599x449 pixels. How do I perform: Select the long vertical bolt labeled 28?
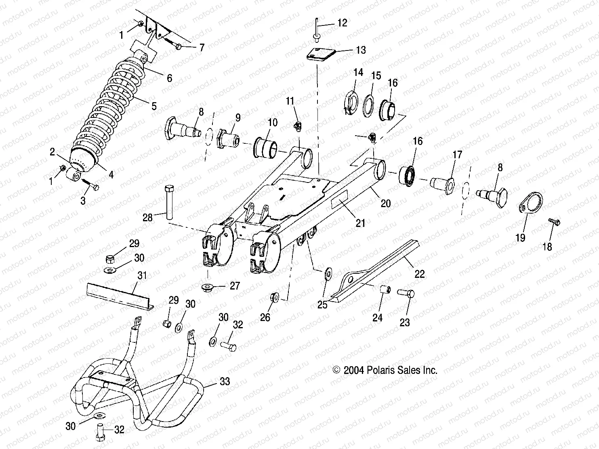click(169, 201)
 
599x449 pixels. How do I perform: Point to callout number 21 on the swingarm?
click(360, 222)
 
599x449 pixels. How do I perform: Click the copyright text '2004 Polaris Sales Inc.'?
click(385, 370)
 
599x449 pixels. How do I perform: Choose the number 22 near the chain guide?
click(420, 274)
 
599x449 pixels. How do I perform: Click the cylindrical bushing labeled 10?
click(265, 149)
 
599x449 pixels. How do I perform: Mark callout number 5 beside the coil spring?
click(154, 106)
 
